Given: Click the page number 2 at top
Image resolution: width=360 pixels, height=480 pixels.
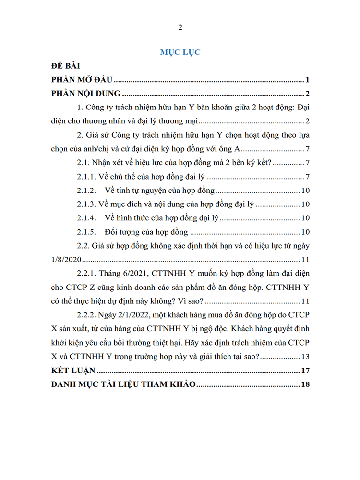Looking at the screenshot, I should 180,27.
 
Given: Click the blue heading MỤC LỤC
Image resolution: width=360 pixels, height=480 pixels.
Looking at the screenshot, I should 180,52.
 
